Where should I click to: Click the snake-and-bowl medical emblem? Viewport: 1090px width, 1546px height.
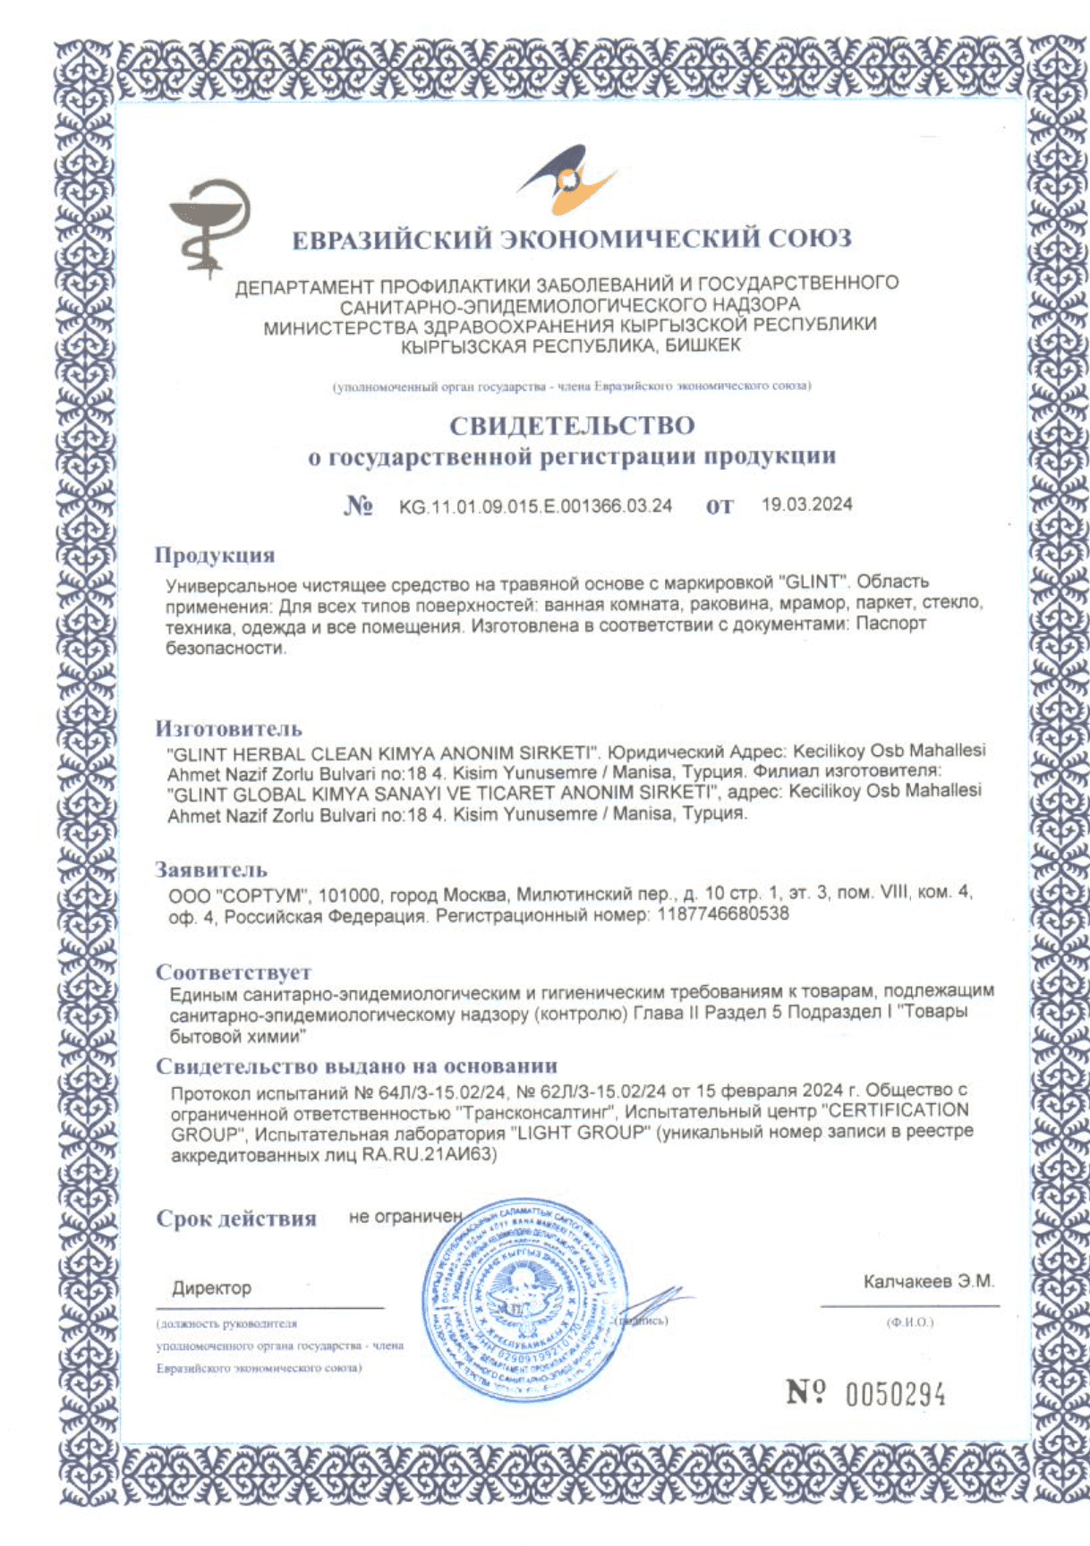(210, 225)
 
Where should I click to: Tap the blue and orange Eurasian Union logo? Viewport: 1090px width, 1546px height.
(566, 182)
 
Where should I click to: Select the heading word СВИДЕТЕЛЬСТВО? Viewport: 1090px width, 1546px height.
(572, 425)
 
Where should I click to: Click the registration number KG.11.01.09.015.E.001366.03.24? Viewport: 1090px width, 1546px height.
(535, 506)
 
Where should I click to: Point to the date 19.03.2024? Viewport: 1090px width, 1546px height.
(806, 505)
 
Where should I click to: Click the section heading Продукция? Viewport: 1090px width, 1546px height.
(215, 555)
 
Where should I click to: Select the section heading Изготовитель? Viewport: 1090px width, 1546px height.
(229, 728)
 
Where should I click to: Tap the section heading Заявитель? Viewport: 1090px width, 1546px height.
(211, 870)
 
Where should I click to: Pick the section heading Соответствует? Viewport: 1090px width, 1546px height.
(234, 972)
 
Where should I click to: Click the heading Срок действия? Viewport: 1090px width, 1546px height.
(236, 1219)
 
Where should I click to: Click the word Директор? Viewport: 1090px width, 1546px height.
(212, 1288)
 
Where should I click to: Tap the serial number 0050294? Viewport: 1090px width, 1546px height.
(896, 1394)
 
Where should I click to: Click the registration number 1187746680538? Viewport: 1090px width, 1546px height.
(723, 914)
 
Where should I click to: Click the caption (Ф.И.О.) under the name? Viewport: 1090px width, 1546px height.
(910, 1322)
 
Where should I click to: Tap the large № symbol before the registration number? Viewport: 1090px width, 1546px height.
(358, 506)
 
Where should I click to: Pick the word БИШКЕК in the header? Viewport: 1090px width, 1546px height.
(703, 345)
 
